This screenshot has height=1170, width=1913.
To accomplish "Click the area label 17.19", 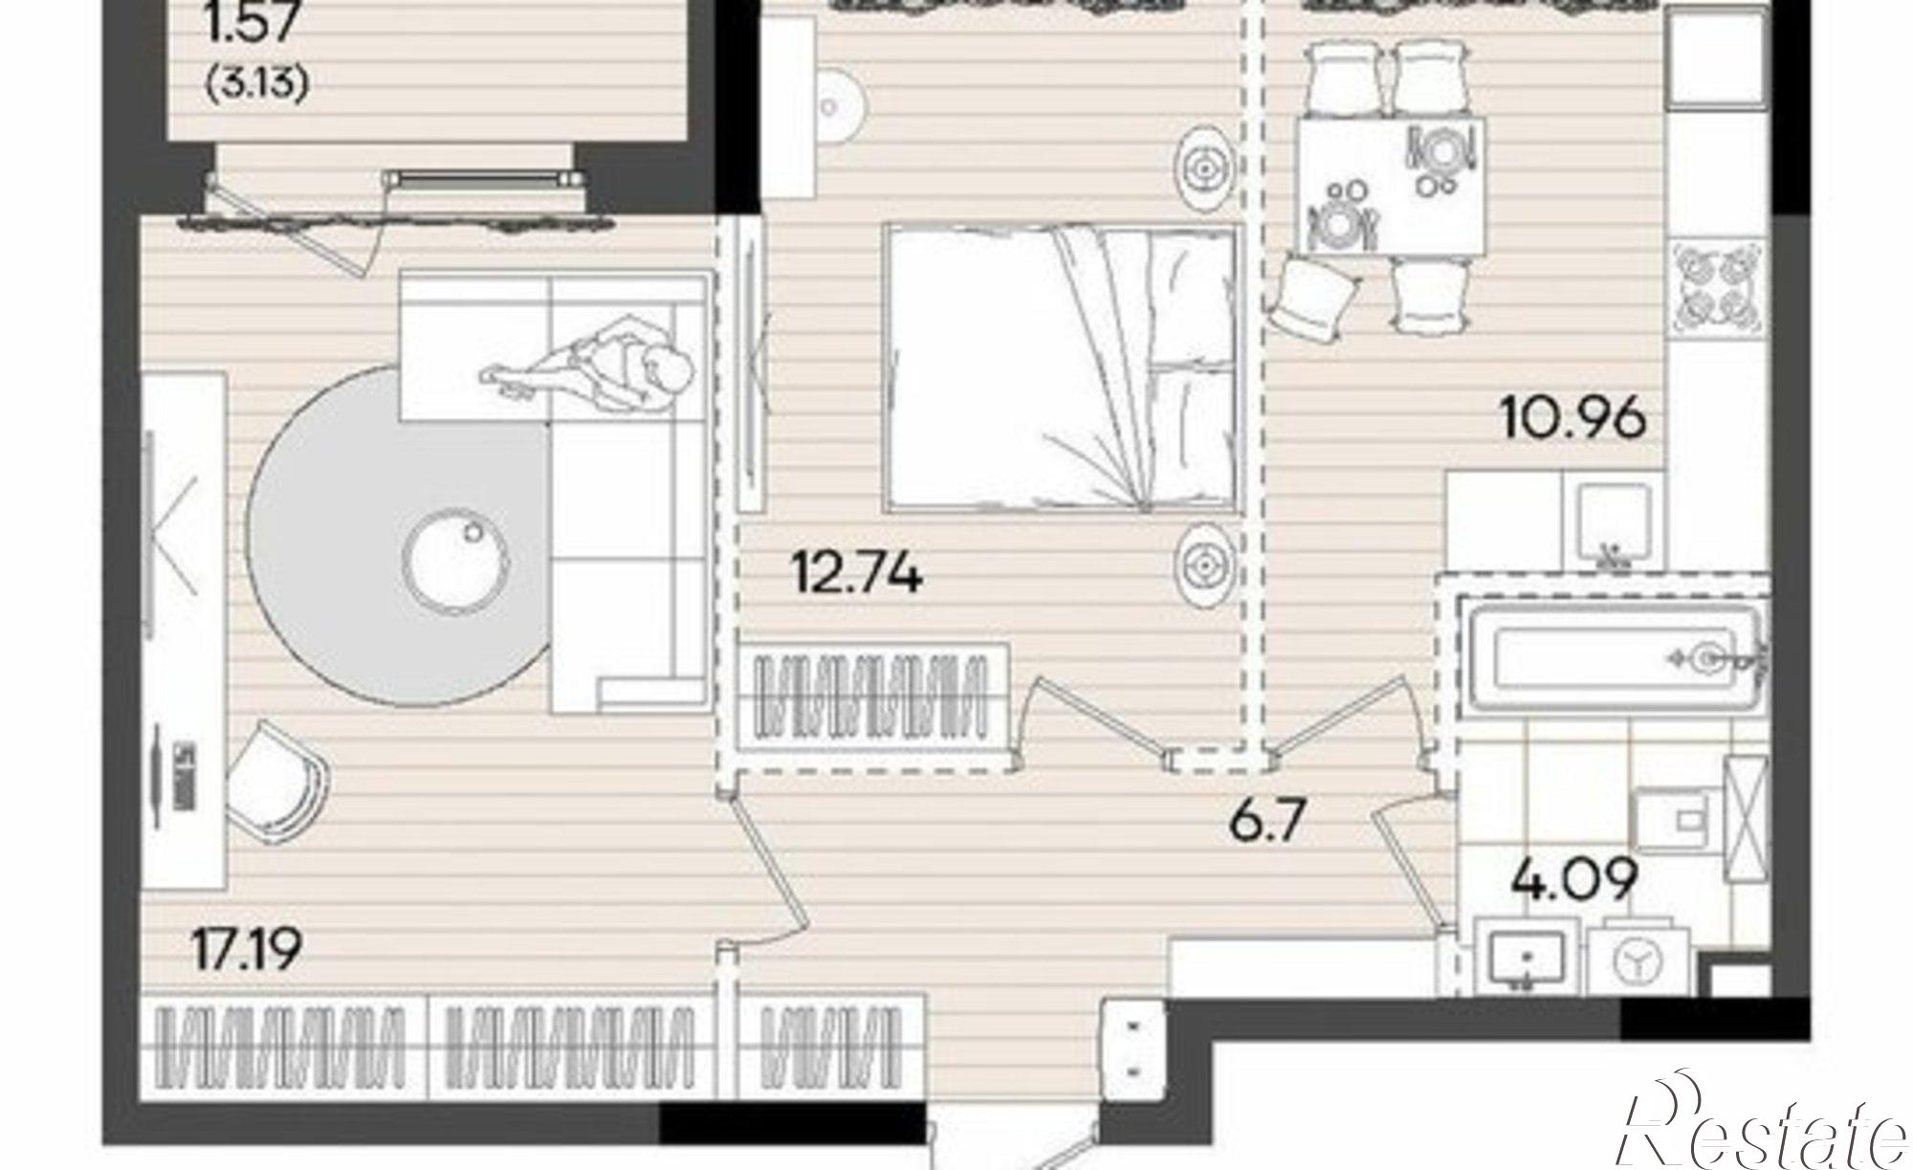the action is click(x=247, y=950).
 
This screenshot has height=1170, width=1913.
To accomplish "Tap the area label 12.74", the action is click(x=856, y=574).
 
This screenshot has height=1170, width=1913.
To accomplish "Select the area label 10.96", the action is click(x=1574, y=417).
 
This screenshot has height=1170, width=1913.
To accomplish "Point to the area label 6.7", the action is click(x=1268, y=821).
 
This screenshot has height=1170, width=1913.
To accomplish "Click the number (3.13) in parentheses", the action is click(x=256, y=86).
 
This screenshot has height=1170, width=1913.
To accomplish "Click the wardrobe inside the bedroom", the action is click(x=874, y=706).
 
